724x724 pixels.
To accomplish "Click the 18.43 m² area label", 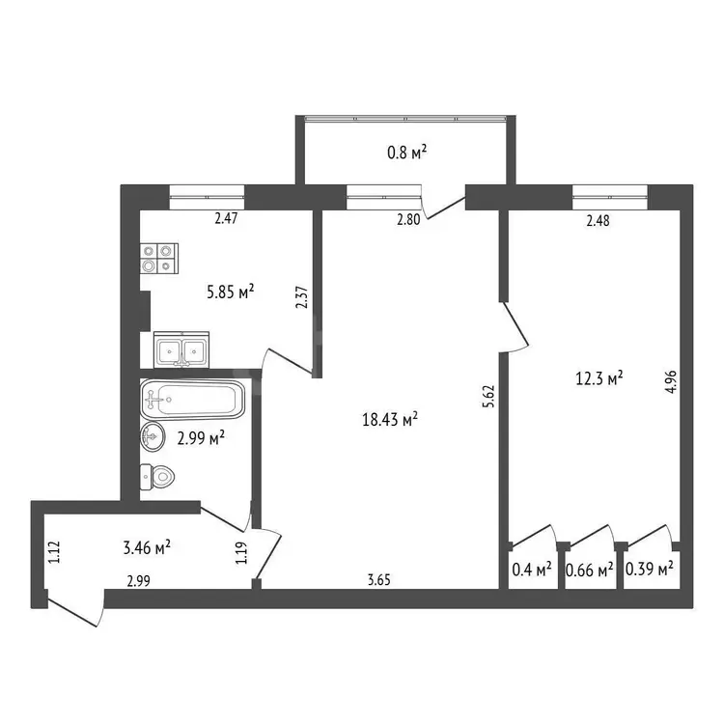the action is (390, 419).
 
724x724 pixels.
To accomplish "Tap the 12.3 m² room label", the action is (599, 378).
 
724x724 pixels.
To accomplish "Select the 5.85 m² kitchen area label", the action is (231, 292).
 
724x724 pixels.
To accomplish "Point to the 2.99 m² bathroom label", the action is (201, 437).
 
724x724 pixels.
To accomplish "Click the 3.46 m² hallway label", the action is (147, 547).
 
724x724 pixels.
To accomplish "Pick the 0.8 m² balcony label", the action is (406, 152).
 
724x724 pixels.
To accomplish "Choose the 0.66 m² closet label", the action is (590, 570).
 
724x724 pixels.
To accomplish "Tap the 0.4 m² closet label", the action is (532, 570).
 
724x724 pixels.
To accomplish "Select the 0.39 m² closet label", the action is (650, 568).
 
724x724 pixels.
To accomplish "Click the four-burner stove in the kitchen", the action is (159, 258).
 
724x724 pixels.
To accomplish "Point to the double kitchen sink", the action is (181, 349).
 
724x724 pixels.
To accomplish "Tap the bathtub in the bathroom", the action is (192, 400).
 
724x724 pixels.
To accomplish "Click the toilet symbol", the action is (157, 477).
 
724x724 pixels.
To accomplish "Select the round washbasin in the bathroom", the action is (153, 436).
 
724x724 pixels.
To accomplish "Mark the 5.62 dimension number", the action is (488, 396).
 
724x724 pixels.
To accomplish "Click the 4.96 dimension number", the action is (671, 382).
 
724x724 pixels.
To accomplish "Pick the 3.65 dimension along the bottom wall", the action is (379, 579).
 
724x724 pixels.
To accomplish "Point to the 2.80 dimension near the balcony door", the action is (408, 219).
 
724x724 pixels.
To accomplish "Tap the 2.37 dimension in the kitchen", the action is (301, 298).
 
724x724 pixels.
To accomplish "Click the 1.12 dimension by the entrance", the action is (54, 552).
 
